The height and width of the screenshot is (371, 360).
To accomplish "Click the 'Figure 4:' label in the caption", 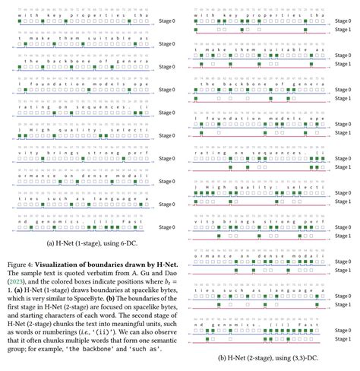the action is [17, 243].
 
